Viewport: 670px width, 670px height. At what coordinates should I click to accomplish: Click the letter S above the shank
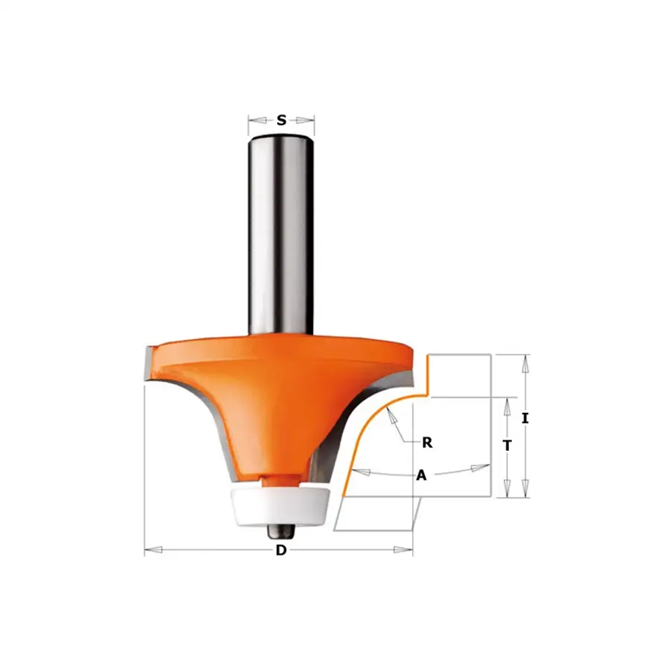click(281, 120)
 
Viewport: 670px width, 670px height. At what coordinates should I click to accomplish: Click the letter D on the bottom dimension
click(281, 550)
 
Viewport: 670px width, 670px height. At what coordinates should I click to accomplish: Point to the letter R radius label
click(427, 443)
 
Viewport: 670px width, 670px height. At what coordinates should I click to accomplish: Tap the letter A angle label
click(421, 475)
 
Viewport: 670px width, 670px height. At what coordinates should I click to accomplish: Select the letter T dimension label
click(507, 446)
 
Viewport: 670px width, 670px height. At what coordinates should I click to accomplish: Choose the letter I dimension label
click(525, 418)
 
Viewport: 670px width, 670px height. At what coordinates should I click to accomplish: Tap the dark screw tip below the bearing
click(280, 533)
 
